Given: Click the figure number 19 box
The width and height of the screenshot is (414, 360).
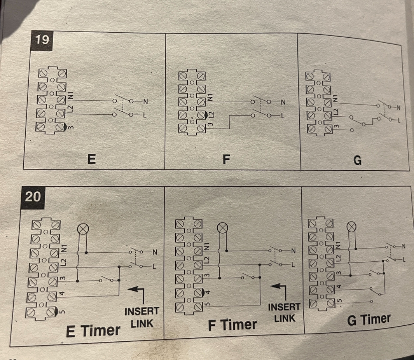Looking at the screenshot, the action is tap(42, 40).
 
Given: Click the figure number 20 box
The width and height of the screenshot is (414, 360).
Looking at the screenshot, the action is tap(33, 197).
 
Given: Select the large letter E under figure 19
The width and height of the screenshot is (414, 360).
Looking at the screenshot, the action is tap(91, 159).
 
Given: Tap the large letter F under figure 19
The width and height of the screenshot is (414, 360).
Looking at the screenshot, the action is tap(226, 159).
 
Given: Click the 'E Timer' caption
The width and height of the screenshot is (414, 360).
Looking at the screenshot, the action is tap(93, 331).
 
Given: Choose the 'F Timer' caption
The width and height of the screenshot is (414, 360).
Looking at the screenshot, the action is tap(232, 325).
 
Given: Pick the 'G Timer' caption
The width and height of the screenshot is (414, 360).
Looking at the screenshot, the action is tap(369, 320).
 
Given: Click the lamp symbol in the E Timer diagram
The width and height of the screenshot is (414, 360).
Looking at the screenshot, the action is tap(83, 229).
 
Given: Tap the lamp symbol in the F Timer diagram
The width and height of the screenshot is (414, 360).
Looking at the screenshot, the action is tap(222, 228).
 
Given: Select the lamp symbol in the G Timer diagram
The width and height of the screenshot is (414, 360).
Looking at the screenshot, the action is tap(351, 227).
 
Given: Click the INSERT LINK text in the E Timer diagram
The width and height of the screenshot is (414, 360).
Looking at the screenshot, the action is tap(142, 317).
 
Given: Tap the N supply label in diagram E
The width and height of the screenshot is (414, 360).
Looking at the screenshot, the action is tap(145, 101).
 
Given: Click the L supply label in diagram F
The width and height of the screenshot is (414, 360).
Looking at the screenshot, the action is tap(283, 116).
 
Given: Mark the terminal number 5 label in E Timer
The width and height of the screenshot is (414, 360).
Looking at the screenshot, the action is tap(62, 312).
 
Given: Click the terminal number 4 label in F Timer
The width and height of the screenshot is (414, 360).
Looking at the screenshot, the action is tap(208, 292).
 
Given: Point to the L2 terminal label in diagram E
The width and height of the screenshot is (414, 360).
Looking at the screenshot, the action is tap(70, 109).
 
